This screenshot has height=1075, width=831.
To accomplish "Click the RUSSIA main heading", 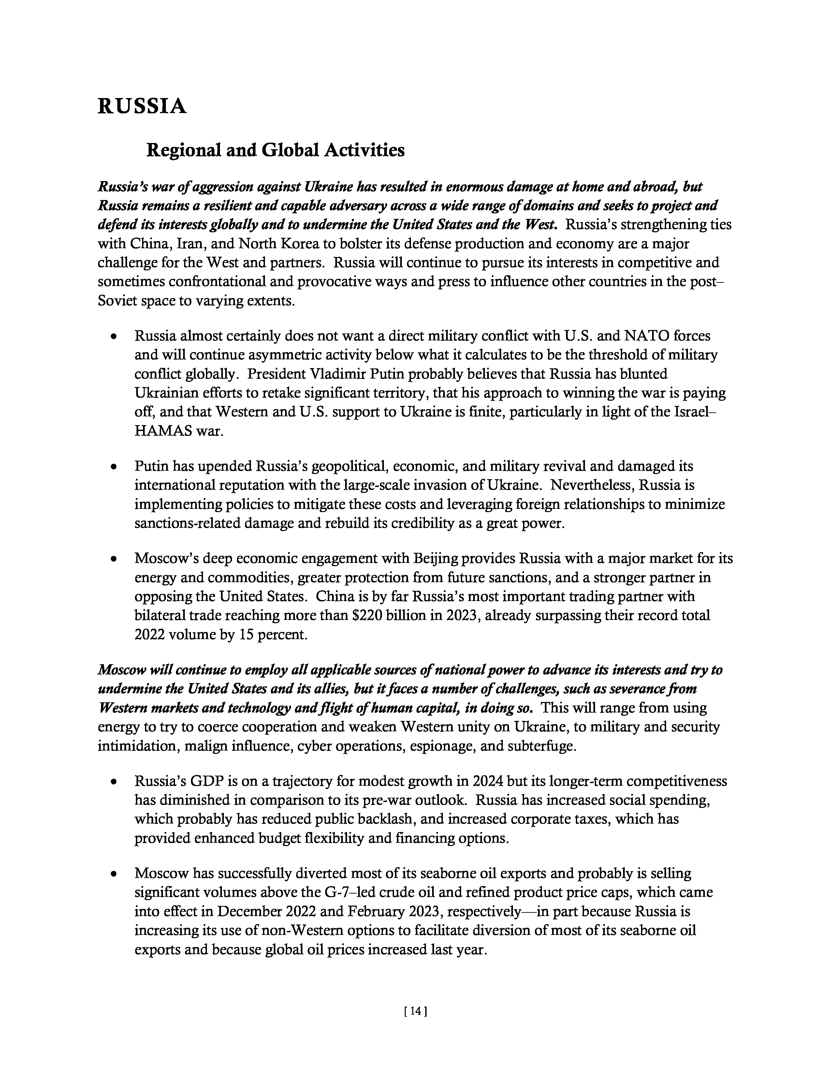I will [142, 106].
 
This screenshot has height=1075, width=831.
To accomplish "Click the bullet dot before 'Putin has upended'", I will [114, 466].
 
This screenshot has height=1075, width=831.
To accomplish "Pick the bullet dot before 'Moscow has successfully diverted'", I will [114, 874].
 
